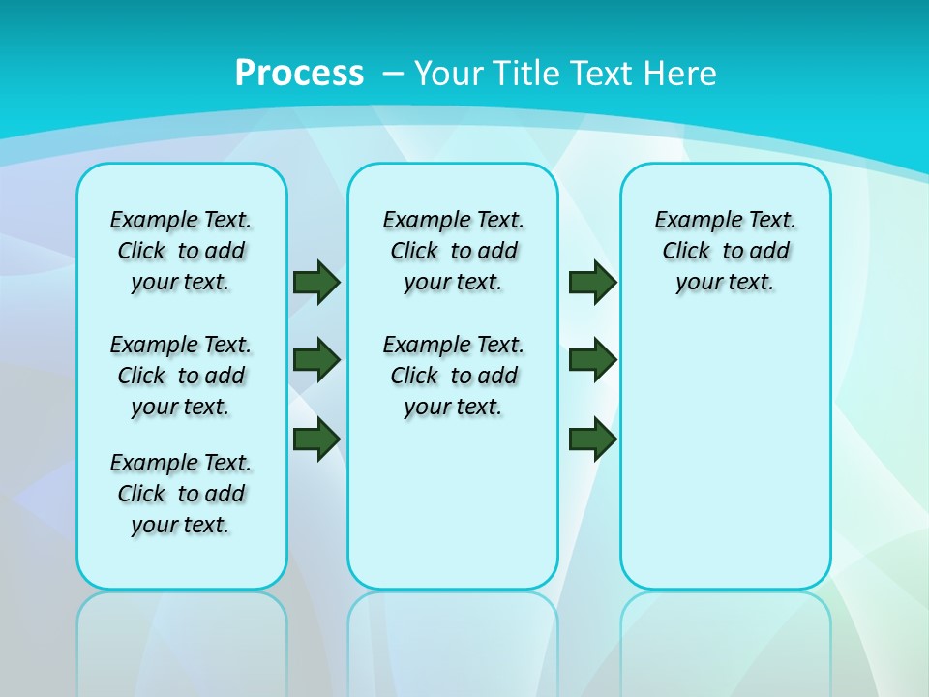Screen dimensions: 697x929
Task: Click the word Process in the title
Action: (299, 73)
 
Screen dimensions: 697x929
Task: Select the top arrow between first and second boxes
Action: (316, 282)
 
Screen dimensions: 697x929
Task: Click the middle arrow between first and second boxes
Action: (316, 360)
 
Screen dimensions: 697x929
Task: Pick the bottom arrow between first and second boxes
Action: (316, 439)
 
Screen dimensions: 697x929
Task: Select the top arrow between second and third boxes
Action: (592, 282)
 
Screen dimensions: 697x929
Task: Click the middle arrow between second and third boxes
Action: (592, 360)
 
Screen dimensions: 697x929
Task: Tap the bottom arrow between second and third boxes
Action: (592, 439)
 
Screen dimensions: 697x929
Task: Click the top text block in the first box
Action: (181, 251)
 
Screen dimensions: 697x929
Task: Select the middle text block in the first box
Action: (181, 376)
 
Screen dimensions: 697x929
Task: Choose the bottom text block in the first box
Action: (181, 494)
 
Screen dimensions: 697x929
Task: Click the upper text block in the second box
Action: (453, 251)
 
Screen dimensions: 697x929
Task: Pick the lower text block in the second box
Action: (453, 376)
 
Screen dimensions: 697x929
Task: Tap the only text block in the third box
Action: (726, 251)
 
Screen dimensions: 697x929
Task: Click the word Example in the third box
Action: (692, 221)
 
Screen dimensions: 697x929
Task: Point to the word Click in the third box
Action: (686, 252)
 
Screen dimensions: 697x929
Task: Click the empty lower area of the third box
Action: (726, 465)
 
